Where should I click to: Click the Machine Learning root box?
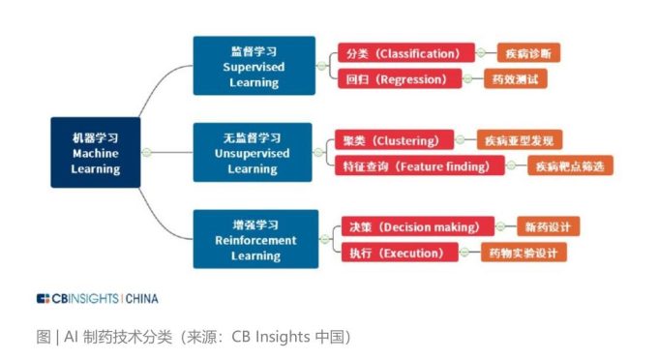tap(95, 153)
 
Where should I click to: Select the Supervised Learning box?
tap(254, 66)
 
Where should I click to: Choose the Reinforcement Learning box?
tap(255, 239)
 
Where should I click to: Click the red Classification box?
tap(405, 53)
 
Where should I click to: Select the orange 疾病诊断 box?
tap(529, 53)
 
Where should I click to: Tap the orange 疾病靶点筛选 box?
tap(570, 166)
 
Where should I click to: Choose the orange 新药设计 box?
tap(548, 227)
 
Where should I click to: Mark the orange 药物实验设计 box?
tap(523, 253)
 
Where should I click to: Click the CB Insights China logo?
tap(97, 298)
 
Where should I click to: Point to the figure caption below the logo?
tap(193, 337)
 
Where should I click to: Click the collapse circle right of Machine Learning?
tap(146, 153)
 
